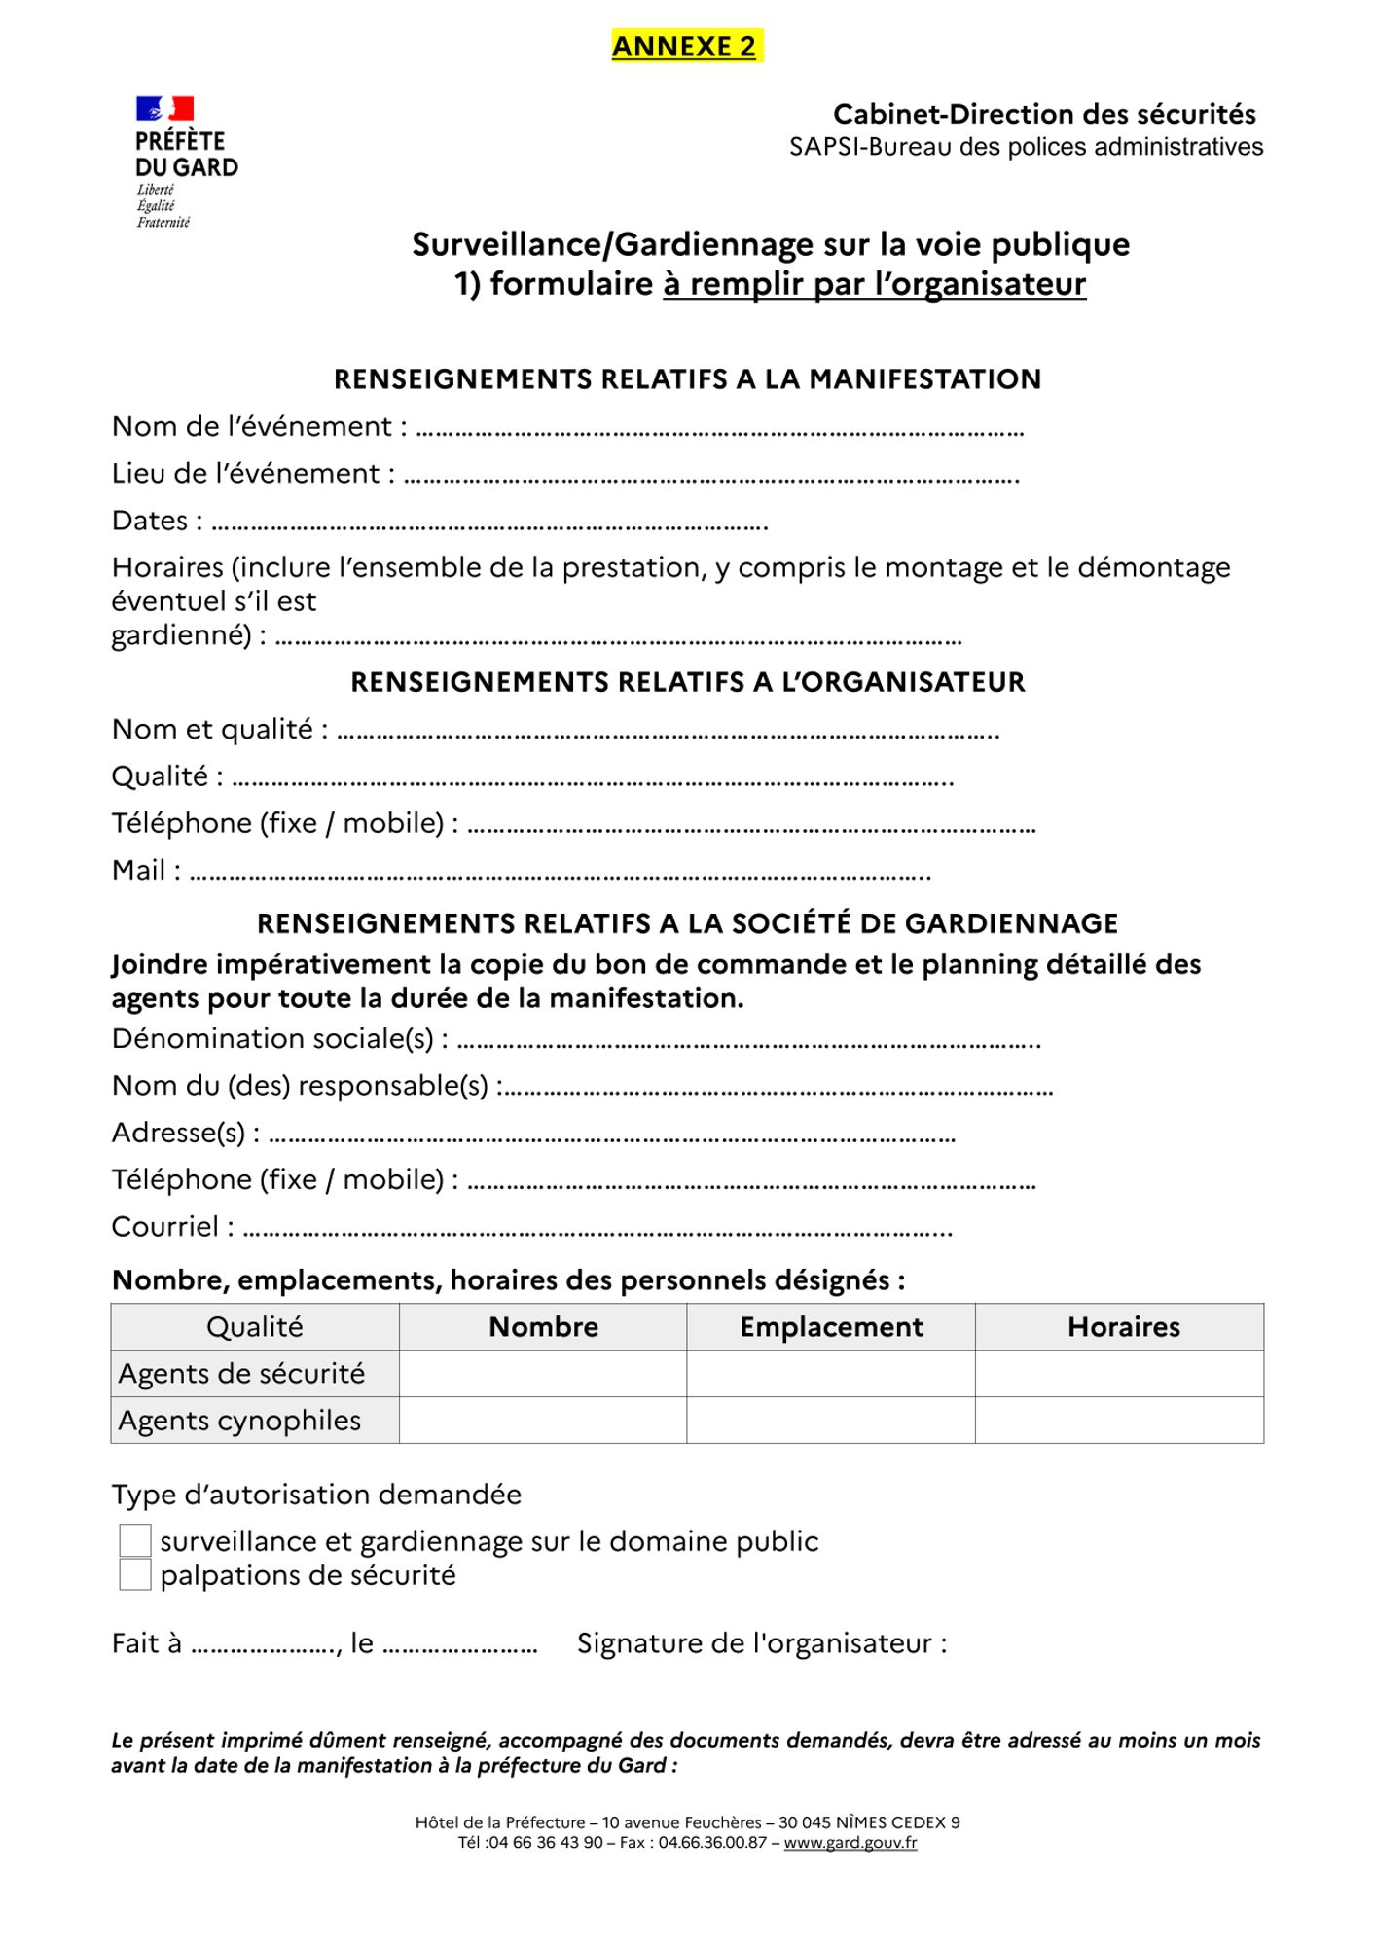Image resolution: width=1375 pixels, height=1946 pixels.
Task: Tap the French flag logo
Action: click(164, 109)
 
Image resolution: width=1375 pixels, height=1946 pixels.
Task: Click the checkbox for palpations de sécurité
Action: click(135, 1575)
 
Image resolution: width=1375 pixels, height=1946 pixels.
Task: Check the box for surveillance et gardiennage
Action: click(135, 1541)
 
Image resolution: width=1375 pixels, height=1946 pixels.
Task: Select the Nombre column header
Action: click(543, 1327)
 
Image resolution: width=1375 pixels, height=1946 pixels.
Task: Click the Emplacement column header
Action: click(831, 1327)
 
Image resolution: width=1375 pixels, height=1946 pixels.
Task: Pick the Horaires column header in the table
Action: click(1123, 1327)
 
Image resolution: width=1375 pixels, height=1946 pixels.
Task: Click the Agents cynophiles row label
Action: click(239, 1421)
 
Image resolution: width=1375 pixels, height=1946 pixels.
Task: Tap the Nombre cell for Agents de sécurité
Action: click(543, 1374)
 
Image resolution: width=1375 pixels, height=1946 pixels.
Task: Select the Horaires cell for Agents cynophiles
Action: click(1119, 1421)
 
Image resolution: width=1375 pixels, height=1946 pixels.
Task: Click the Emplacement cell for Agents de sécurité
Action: click(831, 1374)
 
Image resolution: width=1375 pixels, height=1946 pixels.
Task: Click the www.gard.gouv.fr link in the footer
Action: click(850, 1843)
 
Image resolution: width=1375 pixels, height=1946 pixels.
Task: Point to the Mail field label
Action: click(146, 871)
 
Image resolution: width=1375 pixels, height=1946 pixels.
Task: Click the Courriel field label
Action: click(172, 1227)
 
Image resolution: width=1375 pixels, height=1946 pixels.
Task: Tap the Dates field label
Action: click(157, 522)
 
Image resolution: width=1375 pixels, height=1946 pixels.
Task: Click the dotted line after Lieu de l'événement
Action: click(710, 477)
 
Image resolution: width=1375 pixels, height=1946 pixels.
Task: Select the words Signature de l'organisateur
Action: click(762, 1643)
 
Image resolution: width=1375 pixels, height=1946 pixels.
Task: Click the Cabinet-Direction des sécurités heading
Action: click(1044, 115)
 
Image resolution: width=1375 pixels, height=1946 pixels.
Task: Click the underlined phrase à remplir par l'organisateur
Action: click(874, 284)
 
